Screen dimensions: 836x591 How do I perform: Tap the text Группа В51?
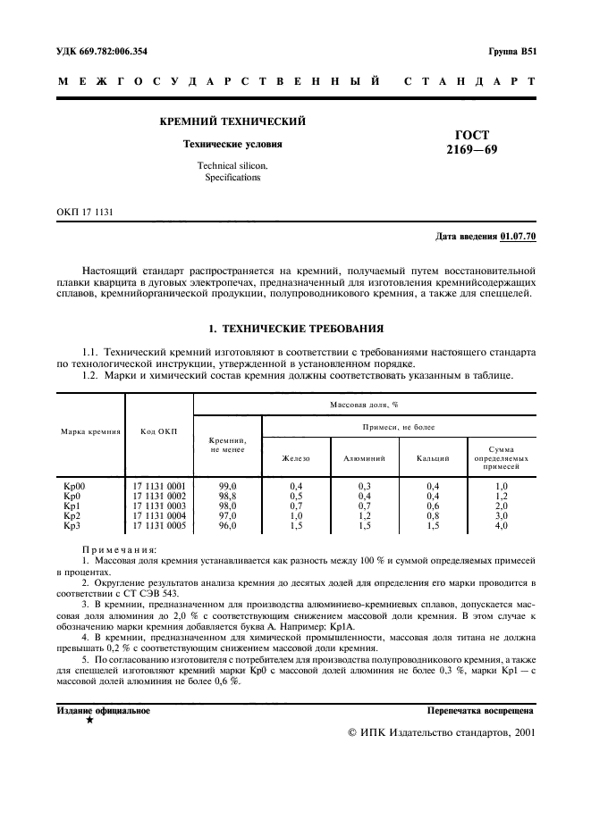tap(512, 51)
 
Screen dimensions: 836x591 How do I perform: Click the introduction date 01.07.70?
tap(519, 237)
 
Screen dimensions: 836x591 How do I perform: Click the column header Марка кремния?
tap(90, 431)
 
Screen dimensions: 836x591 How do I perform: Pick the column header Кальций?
tap(433, 457)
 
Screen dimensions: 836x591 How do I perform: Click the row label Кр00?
tap(73, 486)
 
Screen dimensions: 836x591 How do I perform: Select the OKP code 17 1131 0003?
tap(159, 506)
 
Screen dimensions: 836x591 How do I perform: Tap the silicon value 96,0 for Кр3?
tap(228, 526)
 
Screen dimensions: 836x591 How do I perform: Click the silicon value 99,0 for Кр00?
tap(228, 486)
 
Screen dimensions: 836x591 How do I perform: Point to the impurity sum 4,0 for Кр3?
tap(502, 526)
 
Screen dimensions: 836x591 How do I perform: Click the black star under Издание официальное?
tap(89, 721)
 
